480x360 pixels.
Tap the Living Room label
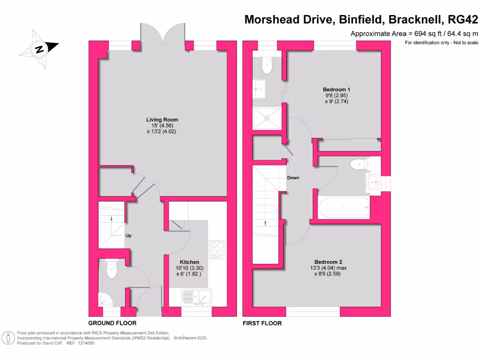coord(162,120)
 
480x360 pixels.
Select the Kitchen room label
coord(189,262)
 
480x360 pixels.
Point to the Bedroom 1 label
coord(337,89)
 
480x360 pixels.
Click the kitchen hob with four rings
coord(217,249)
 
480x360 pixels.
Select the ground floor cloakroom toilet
coord(112,270)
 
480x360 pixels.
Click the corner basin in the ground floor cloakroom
coord(104,298)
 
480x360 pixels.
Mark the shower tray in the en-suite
coord(267,118)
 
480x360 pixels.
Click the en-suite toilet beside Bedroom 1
coord(267,65)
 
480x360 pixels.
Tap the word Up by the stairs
coord(128,235)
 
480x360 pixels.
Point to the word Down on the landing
coord(293,178)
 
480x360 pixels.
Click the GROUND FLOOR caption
coord(112,323)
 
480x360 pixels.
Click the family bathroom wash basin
coord(374,182)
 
